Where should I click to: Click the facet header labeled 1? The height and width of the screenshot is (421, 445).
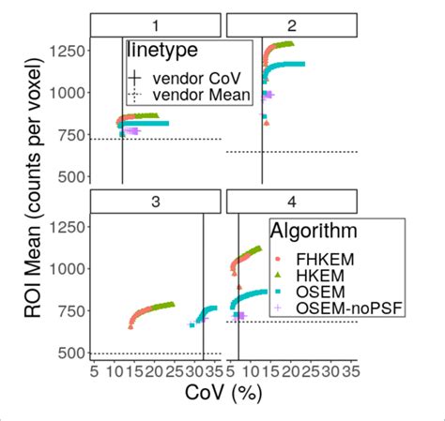[156, 25]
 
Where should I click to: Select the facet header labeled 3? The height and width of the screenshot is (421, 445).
[156, 202]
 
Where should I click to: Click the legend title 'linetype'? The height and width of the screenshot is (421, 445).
[161, 53]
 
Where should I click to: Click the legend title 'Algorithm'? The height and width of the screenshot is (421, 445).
[312, 231]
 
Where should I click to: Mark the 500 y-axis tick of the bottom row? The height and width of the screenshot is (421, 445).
[71, 353]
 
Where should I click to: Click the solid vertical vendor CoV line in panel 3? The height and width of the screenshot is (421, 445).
[204, 281]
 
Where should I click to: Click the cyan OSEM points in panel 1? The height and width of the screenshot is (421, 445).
[150, 123]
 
